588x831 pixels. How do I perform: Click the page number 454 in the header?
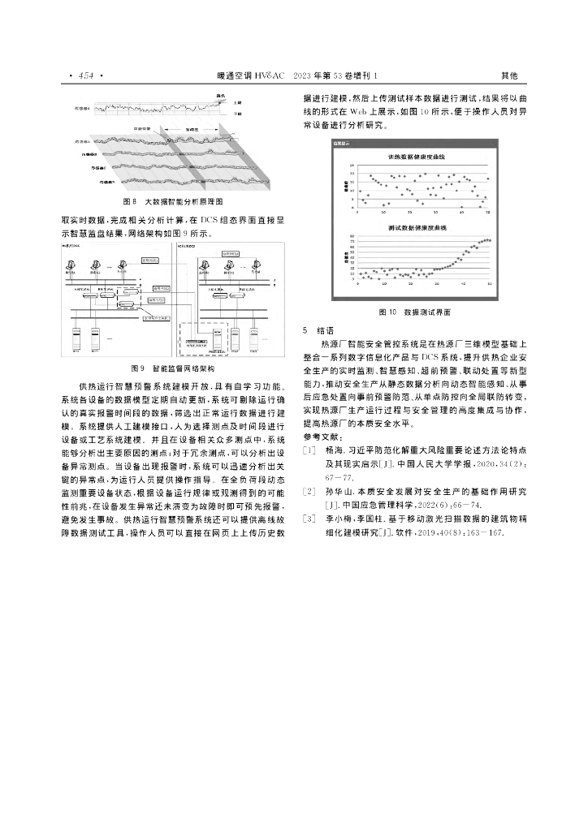point(84,75)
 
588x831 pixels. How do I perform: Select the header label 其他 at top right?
point(509,75)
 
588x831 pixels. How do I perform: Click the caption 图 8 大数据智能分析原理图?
point(172,200)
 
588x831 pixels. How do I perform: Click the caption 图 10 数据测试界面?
point(415,312)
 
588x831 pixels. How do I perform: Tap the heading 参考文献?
point(320,437)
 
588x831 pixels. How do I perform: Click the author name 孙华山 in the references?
point(336,492)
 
